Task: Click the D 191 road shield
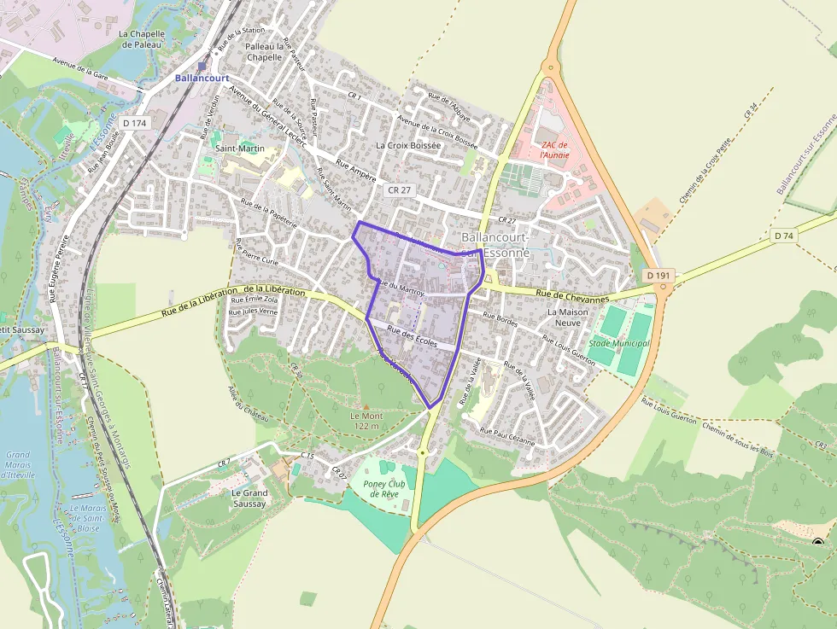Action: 658,276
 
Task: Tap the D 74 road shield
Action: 782,235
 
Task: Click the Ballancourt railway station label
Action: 202,78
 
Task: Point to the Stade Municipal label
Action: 619,343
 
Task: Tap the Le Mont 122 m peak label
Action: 365,420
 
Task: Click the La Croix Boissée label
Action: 408,146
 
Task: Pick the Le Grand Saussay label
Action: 249,498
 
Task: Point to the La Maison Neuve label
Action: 568,317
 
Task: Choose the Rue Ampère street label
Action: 356,171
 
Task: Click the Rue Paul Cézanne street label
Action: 507,436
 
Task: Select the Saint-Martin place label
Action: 239,149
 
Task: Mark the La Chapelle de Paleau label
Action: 140,39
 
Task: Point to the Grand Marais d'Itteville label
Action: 17,464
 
